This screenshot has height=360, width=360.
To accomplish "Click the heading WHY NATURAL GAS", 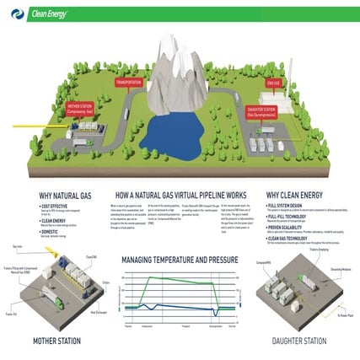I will [x=61, y=193].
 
